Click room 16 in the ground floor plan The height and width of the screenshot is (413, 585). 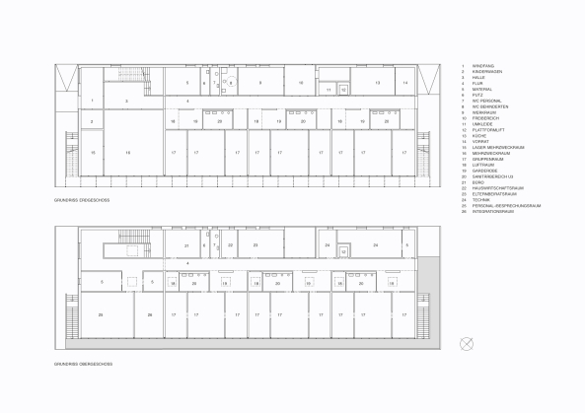[x=128, y=153]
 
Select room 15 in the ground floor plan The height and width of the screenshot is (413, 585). [x=92, y=153]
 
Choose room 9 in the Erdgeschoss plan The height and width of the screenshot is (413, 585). [x=260, y=84]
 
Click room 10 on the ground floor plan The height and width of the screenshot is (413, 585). [x=301, y=84]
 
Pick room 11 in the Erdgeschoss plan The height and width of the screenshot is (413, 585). [x=329, y=90]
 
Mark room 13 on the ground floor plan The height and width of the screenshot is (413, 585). [x=377, y=84]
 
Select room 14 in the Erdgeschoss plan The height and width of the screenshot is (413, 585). [x=405, y=84]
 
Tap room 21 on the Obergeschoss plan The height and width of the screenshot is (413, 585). [x=186, y=244]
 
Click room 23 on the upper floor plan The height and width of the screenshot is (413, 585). [x=256, y=244]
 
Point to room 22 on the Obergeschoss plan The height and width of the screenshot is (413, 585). [x=230, y=244]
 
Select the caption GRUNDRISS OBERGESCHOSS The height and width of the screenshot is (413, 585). [x=83, y=363]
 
